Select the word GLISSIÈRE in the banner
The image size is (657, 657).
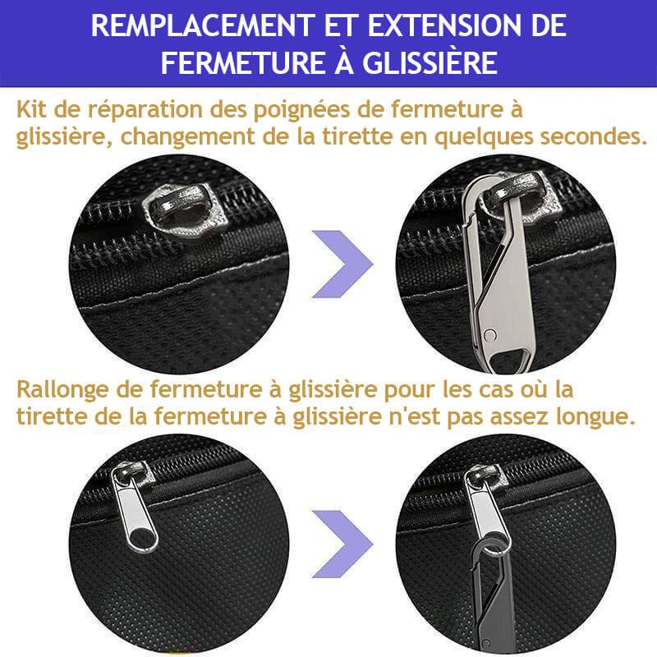pos(430,63)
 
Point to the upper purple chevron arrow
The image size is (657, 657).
pos(342,264)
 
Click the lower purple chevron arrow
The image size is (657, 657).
pos(342,544)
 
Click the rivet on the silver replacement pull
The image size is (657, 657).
pos(489,335)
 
